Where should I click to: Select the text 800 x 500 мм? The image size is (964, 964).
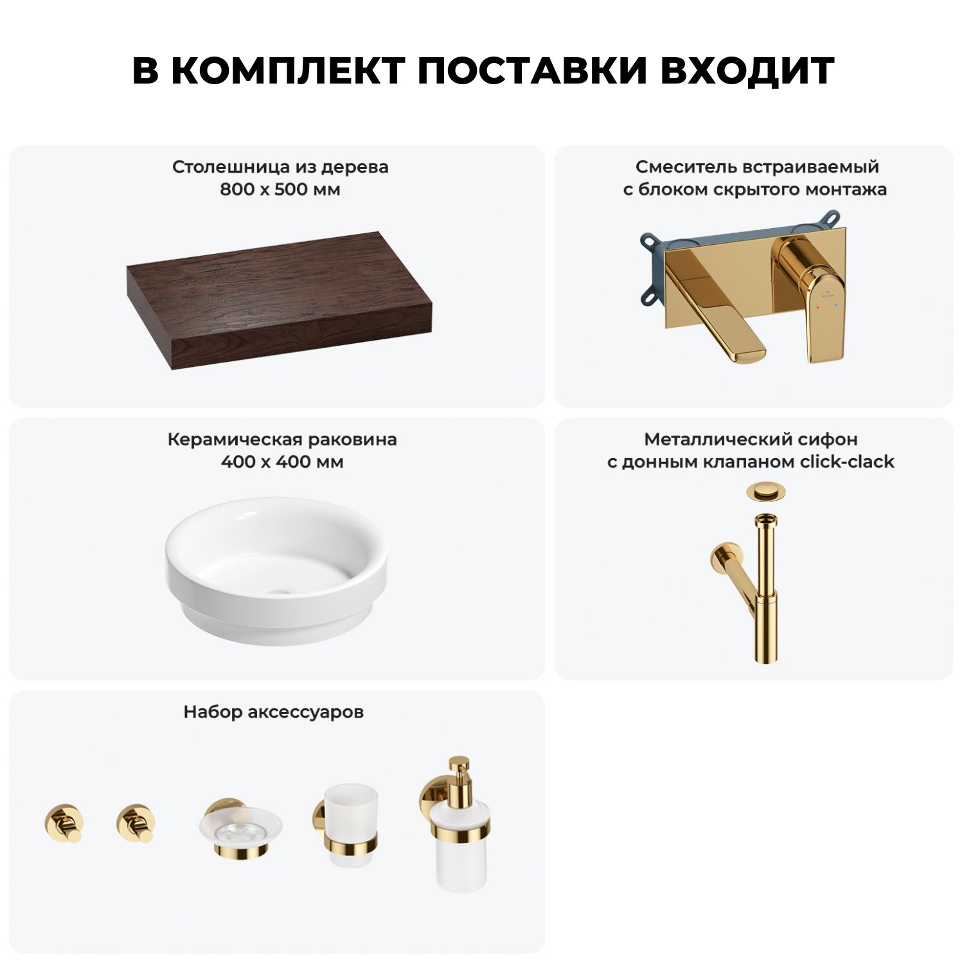click(x=280, y=190)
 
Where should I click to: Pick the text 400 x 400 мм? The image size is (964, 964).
click(x=281, y=462)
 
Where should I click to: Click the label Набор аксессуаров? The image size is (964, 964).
click(x=274, y=712)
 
